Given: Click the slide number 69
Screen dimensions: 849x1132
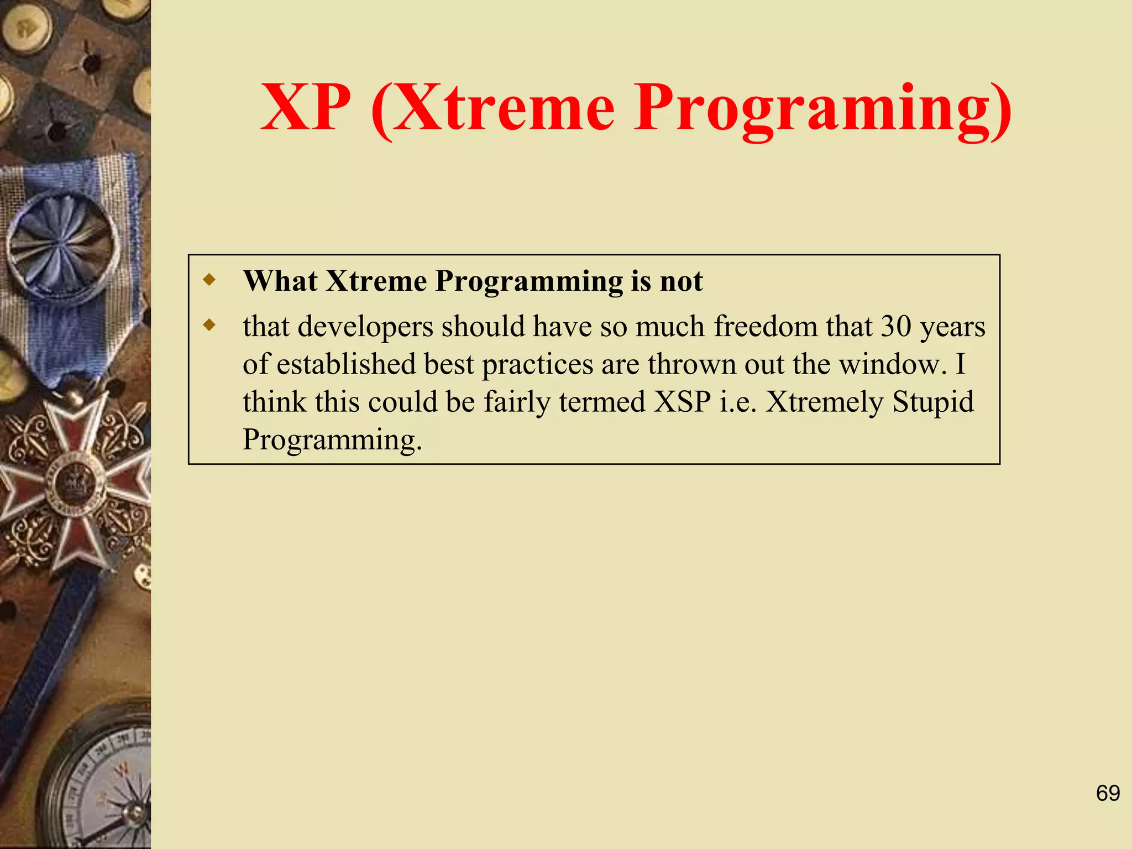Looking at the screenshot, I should [x=1108, y=793].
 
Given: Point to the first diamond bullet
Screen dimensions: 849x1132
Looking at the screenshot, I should [x=209, y=279].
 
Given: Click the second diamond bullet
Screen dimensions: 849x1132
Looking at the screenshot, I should [x=209, y=324].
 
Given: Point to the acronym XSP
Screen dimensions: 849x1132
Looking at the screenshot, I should [x=682, y=402].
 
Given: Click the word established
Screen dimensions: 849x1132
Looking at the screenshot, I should [x=346, y=364].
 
